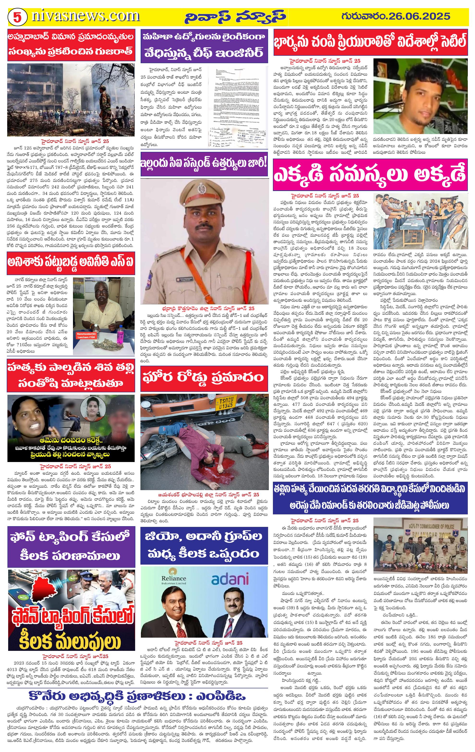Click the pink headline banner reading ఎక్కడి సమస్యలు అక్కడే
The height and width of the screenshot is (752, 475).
pyautogui.click(x=370, y=175)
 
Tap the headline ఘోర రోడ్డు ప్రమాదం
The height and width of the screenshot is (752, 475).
pyautogui.click(x=204, y=378)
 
